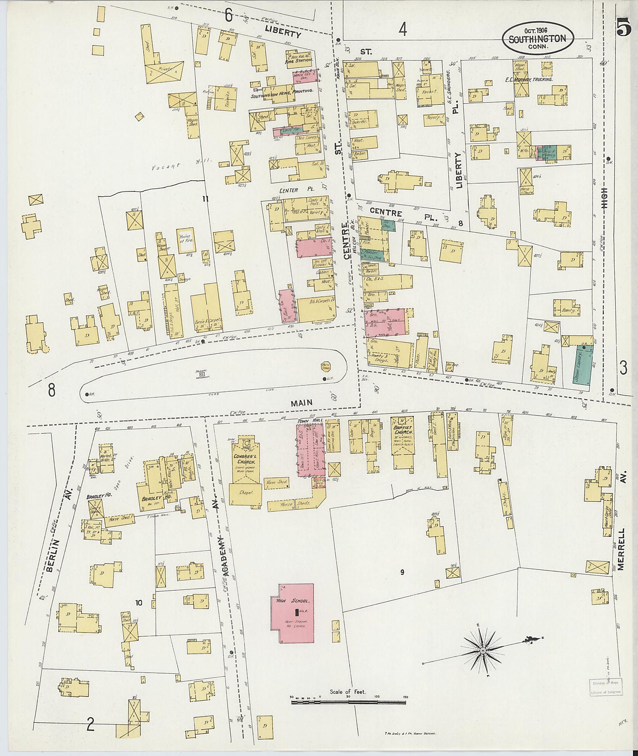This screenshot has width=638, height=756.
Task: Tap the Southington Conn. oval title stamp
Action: click(x=538, y=39)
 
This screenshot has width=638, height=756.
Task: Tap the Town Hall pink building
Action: click(x=310, y=450)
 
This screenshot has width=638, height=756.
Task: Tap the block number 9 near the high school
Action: click(x=402, y=572)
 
